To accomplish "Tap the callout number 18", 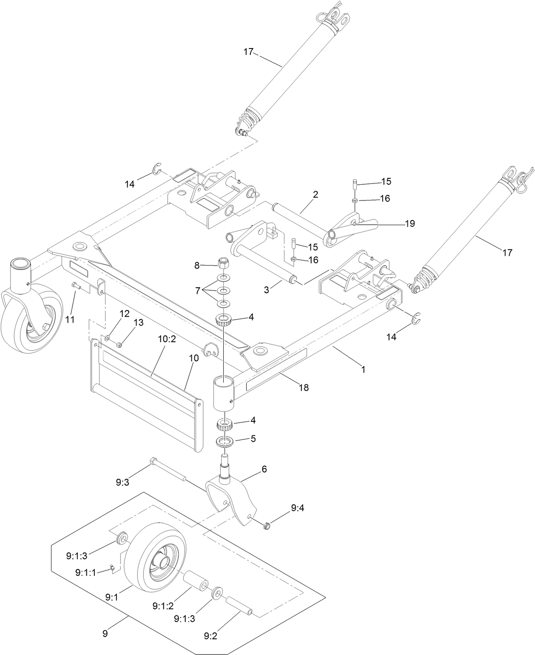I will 304,387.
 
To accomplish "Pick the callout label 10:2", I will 166,339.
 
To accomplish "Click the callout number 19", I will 410,223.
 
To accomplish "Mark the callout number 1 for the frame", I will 363,369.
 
